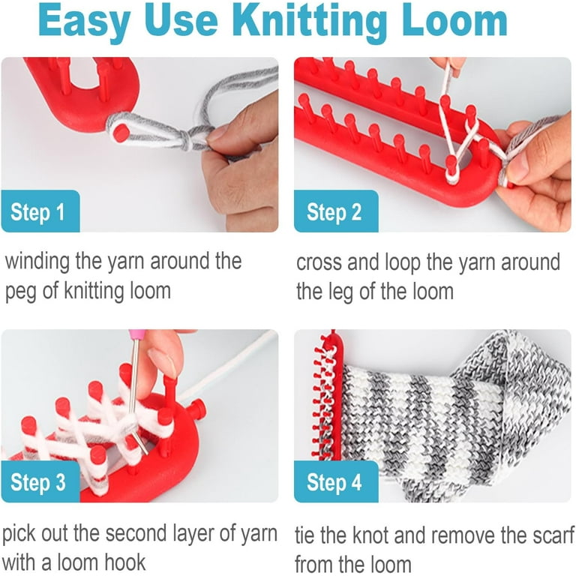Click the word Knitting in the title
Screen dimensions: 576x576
coord(309,22)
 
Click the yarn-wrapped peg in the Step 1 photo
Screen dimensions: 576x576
coord(121,131)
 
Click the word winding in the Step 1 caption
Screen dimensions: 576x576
coord(37,262)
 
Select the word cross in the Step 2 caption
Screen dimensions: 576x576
coord(319,263)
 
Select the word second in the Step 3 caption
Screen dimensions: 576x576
coord(136,533)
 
